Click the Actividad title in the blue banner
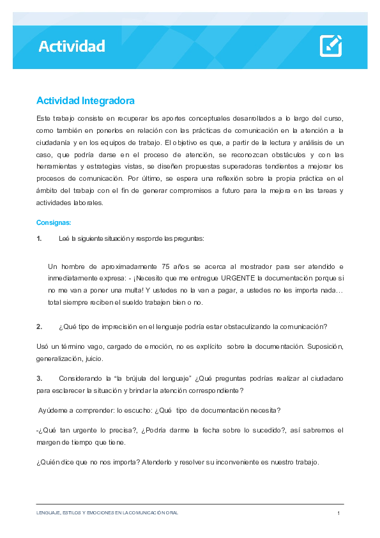(x=72, y=46)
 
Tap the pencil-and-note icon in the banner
(x=330, y=46)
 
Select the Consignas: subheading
(x=54, y=223)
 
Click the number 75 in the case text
(x=167, y=266)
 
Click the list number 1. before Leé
(x=39, y=238)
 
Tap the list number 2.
(x=39, y=327)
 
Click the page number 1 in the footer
(x=338, y=513)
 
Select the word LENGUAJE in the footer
(x=49, y=513)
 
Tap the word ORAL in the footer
(x=172, y=513)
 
